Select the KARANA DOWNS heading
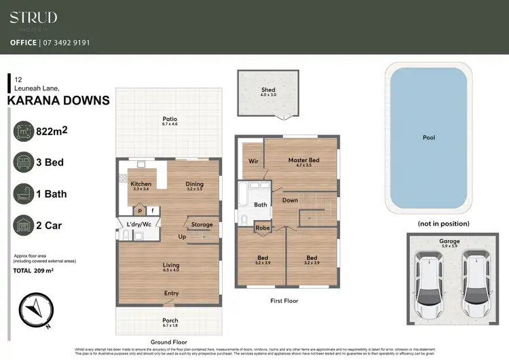coord(58,101)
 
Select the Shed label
coord(268,90)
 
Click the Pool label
coord(429,138)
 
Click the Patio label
coord(170,119)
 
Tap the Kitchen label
coord(140,184)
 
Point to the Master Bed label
coord(303,160)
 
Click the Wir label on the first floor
coord(254,162)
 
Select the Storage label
coord(202,225)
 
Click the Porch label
coord(170,321)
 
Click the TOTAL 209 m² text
coord(35,270)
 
